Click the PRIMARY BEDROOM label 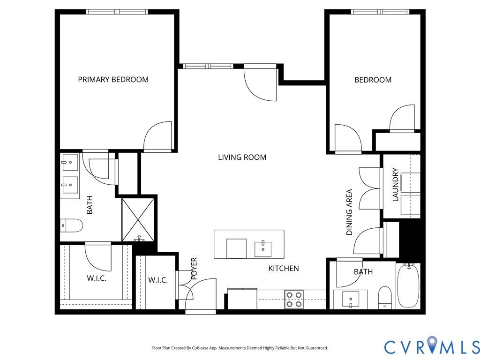pos(113,80)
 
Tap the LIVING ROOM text pos(242,157)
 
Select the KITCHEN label pos(284,269)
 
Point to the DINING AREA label pos(349,212)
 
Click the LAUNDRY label pos(396,185)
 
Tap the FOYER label pos(194,269)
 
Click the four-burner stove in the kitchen pos(294,300)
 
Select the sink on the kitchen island pos(263,249)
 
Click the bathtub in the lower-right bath pos(408,286)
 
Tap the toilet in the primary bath pos(71,226)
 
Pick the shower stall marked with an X pos(138,220)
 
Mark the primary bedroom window pos(117,12)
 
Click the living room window pos(208,66)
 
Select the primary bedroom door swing pos(157,136)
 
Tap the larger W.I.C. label pos(97,278)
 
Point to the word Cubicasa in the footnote pos(202,348)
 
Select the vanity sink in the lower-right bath pos(351,300)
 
